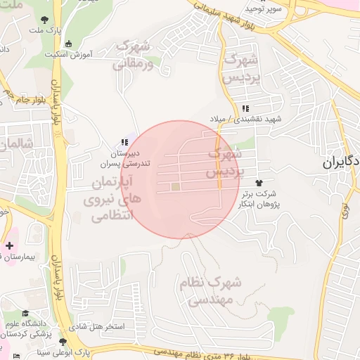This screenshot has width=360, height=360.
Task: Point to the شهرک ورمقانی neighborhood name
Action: (x=131, y=55)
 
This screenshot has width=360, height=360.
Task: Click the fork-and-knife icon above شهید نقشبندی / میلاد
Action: (x=245, y=109)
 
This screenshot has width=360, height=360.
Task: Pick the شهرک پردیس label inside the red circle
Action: (x=225, y=162)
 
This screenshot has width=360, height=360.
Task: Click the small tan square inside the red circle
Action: (x=175, y=186)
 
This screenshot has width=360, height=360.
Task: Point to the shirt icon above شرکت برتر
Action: (x=265, y=183)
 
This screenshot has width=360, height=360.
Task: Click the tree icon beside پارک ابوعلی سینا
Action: (x=63, y=342)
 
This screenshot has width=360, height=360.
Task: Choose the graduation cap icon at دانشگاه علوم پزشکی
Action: (x=26, y=314)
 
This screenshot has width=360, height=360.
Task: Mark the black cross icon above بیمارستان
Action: (x=8, y=246)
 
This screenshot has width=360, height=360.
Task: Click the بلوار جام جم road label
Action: (x=18, y=94)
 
